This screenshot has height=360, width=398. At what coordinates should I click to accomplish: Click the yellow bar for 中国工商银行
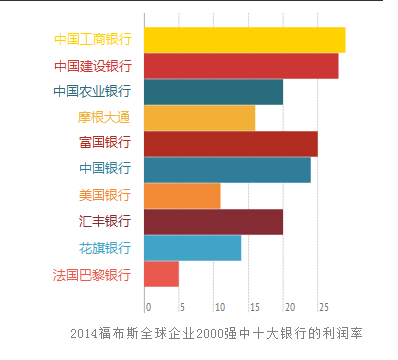pyautogui.click(x=244, y=40)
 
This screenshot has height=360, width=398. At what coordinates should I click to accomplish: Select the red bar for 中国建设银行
pyautogui.click(x=241, y=66)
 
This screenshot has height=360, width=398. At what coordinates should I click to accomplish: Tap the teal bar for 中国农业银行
pyautogui.click(x=213, y=92)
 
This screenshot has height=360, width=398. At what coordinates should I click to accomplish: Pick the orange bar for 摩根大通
pyautogui.click(x=199, y=118)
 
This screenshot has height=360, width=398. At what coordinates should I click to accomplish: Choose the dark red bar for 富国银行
pyautogui.click(x=230, y=144)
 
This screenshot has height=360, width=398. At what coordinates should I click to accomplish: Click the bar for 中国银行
pyautogui.click(x=227, y=170)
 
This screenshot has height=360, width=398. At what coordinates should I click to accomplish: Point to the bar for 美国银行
pyautogui.click(x=182, y=196)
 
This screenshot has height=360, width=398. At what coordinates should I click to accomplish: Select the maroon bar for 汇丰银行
pyautogui.click(x=213, y=222)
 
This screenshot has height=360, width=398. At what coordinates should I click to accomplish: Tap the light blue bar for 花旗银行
pyautogui.click(x=192, y=248)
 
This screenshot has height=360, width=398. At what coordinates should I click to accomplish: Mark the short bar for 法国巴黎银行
pyautogui.click(x=161, y=274)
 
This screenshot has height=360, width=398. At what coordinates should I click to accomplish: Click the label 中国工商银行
pyautogui.click(x=93, y=40)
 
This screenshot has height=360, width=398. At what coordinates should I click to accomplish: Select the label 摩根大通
pyautogui.click(x=104, y=118)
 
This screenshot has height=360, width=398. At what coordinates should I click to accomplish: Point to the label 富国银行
pyautogui.click(x=104, y=144)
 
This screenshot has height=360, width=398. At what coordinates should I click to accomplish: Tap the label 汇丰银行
pyautogui.click(x=104, y=222)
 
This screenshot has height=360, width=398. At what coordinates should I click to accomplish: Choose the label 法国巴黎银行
pyautogui.click(x=93, y=274)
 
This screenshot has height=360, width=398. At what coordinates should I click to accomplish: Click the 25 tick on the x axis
pyautogui.click(x=323, y=306)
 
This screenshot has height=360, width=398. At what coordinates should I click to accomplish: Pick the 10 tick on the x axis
pyautogui.click(x=218, y=306)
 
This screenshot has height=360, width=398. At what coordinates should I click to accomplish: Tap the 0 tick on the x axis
pyautogui.click(x=148, y=306)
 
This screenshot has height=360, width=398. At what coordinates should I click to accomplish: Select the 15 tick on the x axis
pyautogui.click(x=253, y=306)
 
